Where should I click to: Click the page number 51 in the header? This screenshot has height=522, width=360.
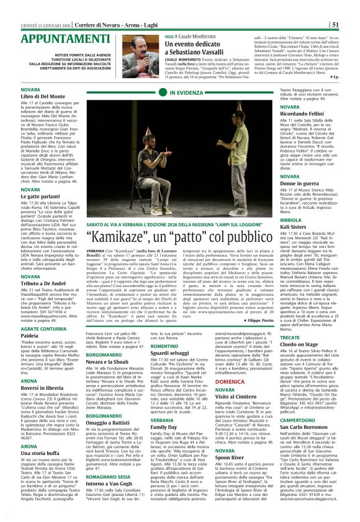coord(352,7)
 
